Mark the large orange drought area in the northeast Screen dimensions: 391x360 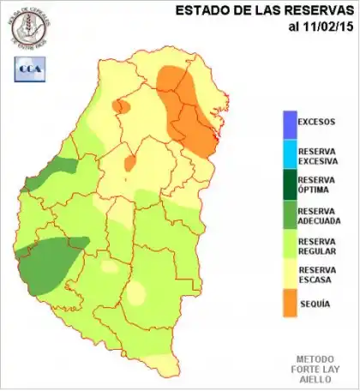190,111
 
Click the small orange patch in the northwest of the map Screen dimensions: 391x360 121,106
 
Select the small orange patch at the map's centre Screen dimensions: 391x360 129,162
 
